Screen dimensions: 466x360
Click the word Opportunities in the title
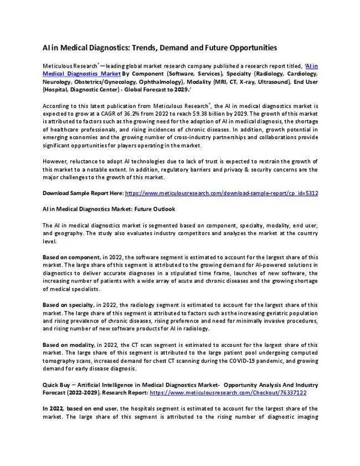click(250, 48)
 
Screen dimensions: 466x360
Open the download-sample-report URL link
click(222, 193)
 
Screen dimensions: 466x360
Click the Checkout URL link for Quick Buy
click(228, 392)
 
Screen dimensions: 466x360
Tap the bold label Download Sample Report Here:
click(83, 193)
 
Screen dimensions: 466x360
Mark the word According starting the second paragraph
click(57, 105)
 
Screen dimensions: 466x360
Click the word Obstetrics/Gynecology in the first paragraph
click(96, 81)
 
